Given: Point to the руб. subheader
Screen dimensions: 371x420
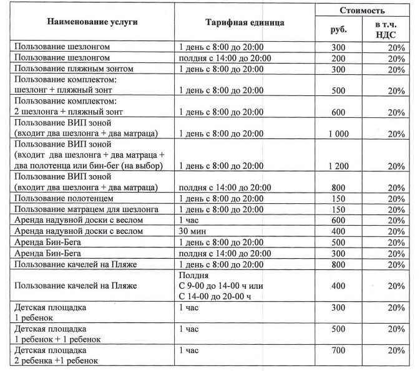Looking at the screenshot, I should click(338, 29).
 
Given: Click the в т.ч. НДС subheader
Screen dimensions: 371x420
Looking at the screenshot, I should click(388, 29).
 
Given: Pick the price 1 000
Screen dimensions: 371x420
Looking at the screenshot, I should click(338, 134).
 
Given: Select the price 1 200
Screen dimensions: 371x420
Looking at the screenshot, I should click(338, 166).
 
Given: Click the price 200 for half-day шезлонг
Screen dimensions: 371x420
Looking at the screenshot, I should click(338, 57).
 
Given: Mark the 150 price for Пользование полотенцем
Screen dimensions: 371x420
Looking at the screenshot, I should click(338, 198).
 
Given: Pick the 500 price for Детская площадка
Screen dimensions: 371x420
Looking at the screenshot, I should click(338, 330).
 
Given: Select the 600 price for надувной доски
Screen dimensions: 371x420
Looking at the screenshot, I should click(338, 220).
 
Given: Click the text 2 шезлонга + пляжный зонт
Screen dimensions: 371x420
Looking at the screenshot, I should click(69, 111).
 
